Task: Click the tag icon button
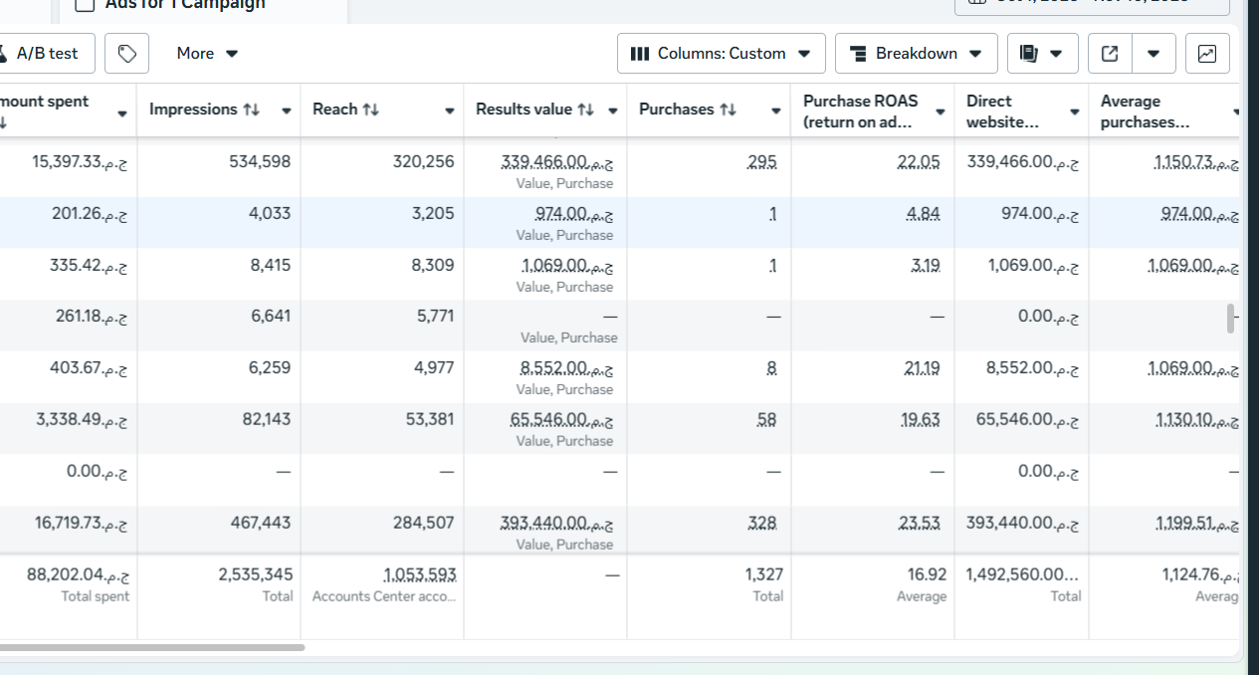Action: [x=127, y=53]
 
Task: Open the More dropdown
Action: [x=207, y=53]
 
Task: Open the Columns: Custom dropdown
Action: [x=722, y=53]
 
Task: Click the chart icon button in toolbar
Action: [x=1206, y=53]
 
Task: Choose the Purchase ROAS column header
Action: [x=860, y=111]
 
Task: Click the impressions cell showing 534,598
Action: [x=260, y=161]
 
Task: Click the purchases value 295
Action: [x=762, y=161]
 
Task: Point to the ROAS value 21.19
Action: [x=922, y=368]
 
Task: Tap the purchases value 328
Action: [x=762, y=523]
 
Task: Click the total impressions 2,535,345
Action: [x=256, y=574]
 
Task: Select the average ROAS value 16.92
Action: [x=928, y=574]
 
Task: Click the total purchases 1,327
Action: [x=763, y=574]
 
